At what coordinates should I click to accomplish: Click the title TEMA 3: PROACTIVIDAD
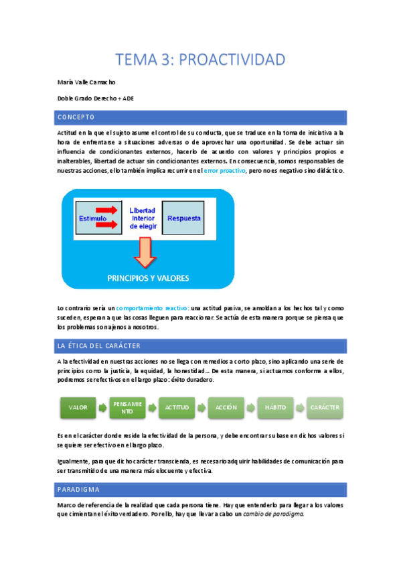click(x=200, y=60)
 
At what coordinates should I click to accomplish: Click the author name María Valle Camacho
click(x=87, y=82)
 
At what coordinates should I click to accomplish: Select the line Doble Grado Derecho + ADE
click(x=96, y=98)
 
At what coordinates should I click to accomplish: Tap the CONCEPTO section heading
click(x=76, y=117)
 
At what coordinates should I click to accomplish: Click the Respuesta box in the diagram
click(x=183, y=218)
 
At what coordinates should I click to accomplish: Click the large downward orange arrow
click(x=144, y=254)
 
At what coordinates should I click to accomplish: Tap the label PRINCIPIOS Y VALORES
click(x=147, y=277)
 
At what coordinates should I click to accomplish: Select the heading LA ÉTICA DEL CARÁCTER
click(x=98, y=346)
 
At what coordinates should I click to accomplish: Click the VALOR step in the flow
click(x=78, y=407)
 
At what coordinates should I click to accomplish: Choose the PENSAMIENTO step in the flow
click(x=127, y=407)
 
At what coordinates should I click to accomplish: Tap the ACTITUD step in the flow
click(x=177, y=407)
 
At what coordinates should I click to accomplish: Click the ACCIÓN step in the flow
click(x=226, y=407)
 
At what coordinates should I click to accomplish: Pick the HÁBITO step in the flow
click(x=274, y=407)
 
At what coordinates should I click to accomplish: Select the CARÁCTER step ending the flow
click(x=324, y=407)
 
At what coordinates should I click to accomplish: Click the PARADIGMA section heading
click(x=79, y=489)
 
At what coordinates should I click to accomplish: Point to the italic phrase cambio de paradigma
click(x=272, y=514)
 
